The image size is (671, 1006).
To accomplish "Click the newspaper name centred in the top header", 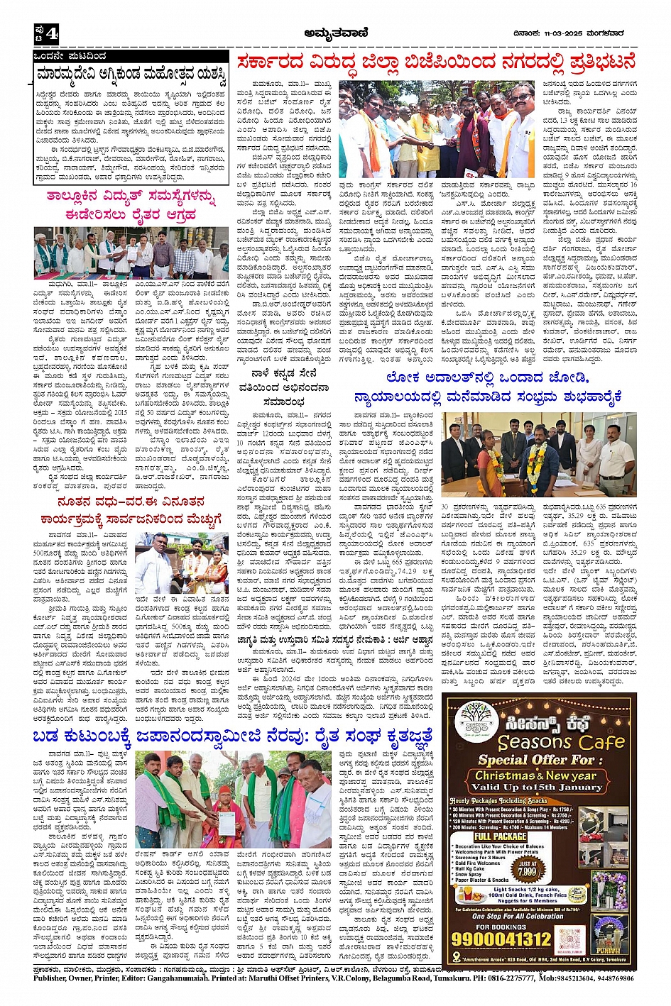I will pyautogui.click(x=333, y=32).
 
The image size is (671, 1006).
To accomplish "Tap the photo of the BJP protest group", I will pyautogui.click(x=437, y=129).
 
